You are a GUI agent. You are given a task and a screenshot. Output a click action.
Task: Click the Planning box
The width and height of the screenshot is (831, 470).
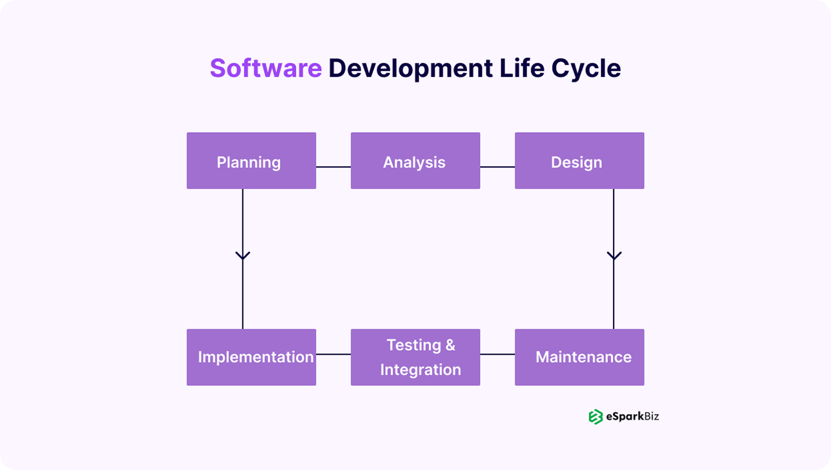click(x=251, y=161)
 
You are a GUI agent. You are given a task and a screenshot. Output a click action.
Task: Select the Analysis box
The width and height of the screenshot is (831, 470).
click(x=415, y=161)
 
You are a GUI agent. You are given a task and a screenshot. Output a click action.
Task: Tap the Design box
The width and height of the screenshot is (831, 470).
click(x=579, y=161)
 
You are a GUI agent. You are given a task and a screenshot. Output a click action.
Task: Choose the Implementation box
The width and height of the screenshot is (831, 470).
click(x=251, y=357)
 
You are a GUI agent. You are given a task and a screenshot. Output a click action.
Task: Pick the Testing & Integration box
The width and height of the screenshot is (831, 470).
click(x=415, y=357)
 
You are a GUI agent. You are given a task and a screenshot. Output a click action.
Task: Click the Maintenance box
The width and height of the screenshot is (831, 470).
click(x=579, y=357)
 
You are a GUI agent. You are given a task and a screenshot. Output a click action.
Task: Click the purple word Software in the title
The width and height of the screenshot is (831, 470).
click(x=266, y=68)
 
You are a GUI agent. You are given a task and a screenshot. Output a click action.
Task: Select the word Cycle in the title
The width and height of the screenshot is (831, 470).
click(x=586, y=68)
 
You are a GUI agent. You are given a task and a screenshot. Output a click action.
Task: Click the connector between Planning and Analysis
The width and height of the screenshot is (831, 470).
click(x=333, y=167)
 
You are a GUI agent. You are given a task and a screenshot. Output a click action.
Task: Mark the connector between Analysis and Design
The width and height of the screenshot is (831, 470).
click(x=498, y=167)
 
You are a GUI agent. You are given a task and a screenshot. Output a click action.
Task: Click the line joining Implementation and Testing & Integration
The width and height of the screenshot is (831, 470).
click(x=333, y=354)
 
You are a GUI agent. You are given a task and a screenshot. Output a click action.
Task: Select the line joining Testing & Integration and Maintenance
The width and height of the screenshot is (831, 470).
click(x=498, y=354)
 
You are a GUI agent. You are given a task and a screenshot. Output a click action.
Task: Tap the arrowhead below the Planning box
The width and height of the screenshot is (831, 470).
click(x=242, y=256)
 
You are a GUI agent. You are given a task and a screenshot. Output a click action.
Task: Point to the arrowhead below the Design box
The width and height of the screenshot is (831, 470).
click(x=614, y=256)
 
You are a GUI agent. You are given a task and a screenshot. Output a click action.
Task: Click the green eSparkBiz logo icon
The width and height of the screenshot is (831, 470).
click(x=596, y=416)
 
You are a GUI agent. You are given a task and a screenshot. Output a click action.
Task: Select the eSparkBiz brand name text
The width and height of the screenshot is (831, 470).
click(x=632, y=416)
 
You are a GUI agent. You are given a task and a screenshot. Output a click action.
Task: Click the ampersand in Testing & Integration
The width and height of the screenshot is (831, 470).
click(x=450, y=345)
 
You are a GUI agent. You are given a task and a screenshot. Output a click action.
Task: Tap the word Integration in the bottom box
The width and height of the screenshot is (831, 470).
click(x=420, y=370)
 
